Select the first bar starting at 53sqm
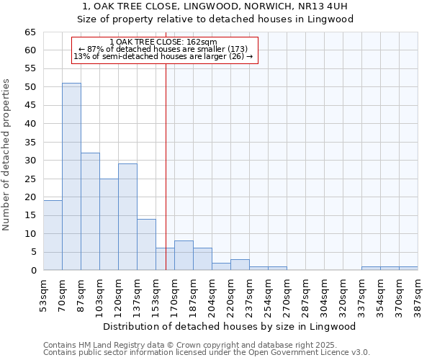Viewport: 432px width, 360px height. (x=53, y=235)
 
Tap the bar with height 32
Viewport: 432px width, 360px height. (x=90, y=212)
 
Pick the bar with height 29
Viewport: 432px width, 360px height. (x=127, y=217)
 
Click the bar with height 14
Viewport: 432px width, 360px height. (x=146, y=245)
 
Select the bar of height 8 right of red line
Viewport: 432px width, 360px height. (x=184, y=256)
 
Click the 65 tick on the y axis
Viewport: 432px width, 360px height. (x=30, y=32)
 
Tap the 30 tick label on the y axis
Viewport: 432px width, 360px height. (x=30, y=161)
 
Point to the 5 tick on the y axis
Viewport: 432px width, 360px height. (x=32, y=252)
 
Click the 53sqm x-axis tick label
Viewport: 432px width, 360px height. (x=44, y=295)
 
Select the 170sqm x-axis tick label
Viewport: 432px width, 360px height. (x=175, y=295)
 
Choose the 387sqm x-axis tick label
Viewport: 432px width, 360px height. (x=418, y=295)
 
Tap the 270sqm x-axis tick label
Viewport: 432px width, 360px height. (x=287, y=295)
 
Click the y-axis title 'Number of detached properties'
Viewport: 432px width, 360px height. (x=6, y=155)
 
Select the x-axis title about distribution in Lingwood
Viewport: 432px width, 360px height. (x=229, y=326)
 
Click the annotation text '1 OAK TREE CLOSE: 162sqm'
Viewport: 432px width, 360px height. (x=163, y=42)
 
